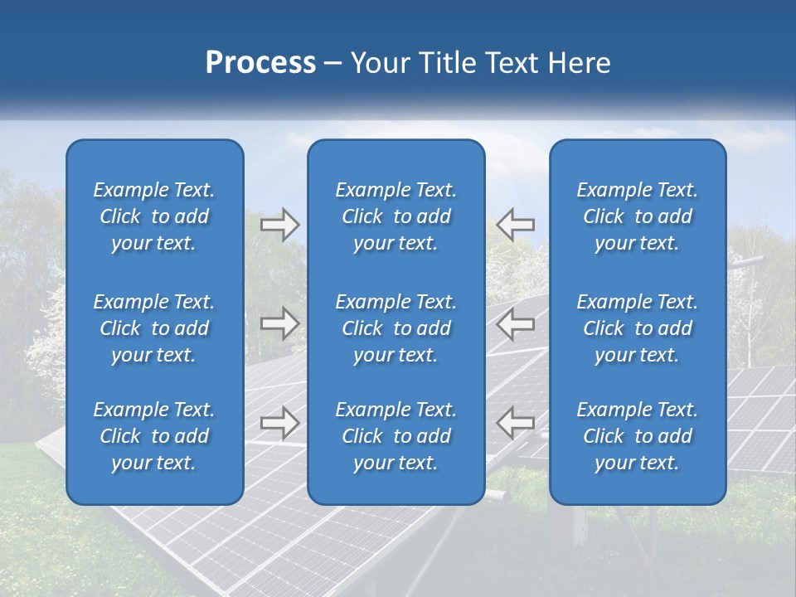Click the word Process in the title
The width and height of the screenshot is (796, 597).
[260, 63]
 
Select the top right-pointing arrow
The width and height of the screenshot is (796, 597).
[280, 225]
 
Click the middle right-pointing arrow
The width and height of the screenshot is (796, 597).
[280, 323]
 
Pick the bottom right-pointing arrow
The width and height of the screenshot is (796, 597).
[280, 422]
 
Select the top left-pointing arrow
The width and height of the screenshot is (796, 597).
[516, 225]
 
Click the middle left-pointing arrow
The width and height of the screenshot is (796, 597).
[516, 323]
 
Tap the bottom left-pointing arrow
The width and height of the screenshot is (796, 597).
[516, 422]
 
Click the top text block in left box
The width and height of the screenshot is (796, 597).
[154, 216]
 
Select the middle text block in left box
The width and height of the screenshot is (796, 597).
[154, 328]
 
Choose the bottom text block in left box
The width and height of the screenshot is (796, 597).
[154, 436]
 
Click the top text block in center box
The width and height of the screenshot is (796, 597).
[396, 216]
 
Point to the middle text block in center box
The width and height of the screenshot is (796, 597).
[396, 328]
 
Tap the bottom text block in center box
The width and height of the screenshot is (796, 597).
[396, 436]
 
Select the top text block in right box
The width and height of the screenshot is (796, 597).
[638, 216]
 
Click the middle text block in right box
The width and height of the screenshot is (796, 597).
[638, 328]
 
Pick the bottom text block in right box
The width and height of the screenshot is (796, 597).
[638, 436]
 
